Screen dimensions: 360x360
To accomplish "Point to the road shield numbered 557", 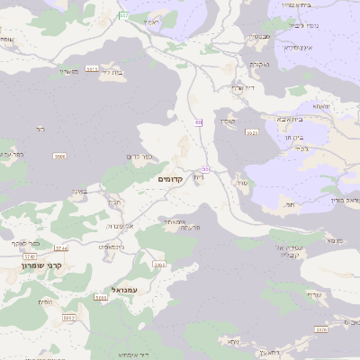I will (x=123, y=16).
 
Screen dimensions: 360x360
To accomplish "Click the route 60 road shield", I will (x=197, y=121).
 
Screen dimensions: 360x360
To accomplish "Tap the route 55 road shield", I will (x=205, y=169).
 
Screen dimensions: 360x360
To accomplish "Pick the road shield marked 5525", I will (x=252, y=132).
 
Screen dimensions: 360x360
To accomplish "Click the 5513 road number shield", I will (x=92, y=68).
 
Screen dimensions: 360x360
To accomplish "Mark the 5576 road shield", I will (x=320, y=329).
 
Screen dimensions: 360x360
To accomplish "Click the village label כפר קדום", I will (x=139, y=158).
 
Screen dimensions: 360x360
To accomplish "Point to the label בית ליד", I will (x=112, y=72).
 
